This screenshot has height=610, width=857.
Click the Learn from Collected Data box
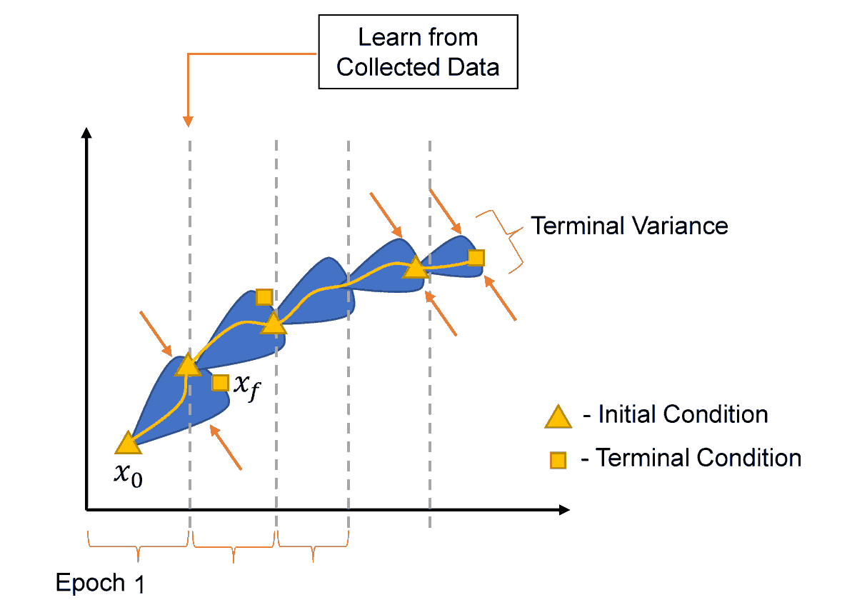(x=418, y=52)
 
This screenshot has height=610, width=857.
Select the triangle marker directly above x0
(x=127, y=444)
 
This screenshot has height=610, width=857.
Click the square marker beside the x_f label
(x=220, y=383)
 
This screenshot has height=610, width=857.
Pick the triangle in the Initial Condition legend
(x=558, y=416)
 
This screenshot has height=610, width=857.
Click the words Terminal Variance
(x=630, y=226)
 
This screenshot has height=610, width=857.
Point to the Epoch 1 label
(x=100, y=584)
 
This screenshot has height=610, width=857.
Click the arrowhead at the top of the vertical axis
(x=86, y=133)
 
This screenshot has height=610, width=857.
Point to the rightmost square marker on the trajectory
(x=476, y=257)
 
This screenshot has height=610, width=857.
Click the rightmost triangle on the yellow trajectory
(x=414, y=268)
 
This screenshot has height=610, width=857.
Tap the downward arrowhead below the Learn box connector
(x=189, y=121)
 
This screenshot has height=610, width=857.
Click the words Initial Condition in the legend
(x=683, y=414)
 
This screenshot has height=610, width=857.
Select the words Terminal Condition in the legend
(x=698, y=457)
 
